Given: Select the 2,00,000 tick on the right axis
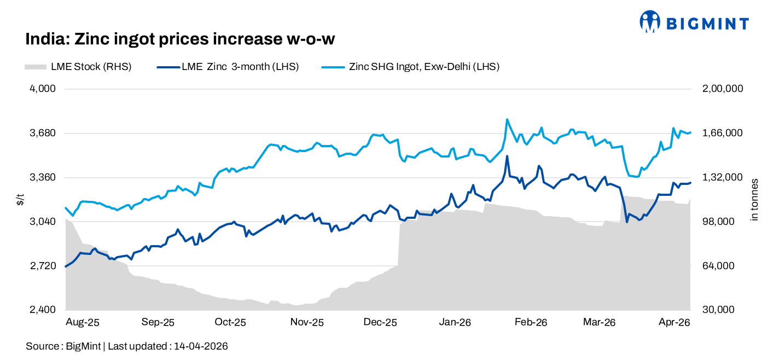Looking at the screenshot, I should [x=722, y=89].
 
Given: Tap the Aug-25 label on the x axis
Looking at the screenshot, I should [x=82, y=322].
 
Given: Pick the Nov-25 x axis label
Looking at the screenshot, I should [x=307, y=322].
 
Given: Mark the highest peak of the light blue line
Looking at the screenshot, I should [x=507, y=119].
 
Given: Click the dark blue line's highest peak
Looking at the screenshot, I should [x=507, y=156].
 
